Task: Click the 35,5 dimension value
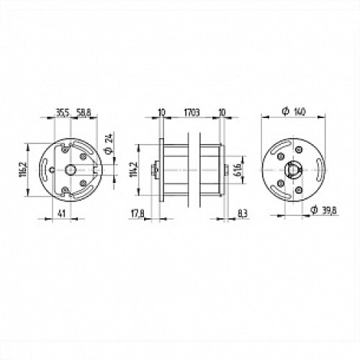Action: pyautogui.click(x=63, y=112)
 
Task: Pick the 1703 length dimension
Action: pyautogui.click(x=191, y=112)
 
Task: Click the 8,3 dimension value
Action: pyautogui.click(x=242, y=214)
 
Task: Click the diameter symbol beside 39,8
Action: pyautogui.click(x=314, y=210)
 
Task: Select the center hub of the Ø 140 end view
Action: pyautogui.click(x=293, y=170)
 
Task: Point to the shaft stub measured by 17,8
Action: pyautogui.click(x=153, y=170)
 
